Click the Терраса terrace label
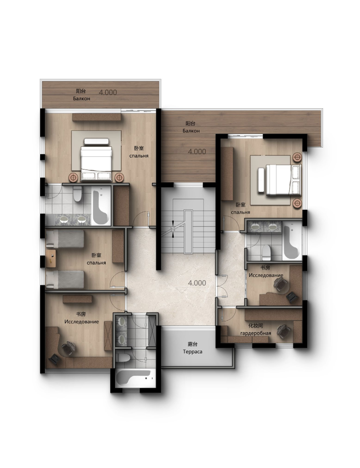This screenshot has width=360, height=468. point(193,351)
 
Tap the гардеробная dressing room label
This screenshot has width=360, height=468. point(255,333)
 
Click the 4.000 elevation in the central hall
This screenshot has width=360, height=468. point(197,282)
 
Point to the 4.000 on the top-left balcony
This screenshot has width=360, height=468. point(108,92)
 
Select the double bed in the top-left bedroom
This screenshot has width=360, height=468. point(96,159)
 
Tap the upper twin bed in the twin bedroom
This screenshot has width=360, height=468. point(65,239)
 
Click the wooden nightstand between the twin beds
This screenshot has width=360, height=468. point(51,258)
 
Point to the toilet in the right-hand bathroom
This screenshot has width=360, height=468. point(266,252)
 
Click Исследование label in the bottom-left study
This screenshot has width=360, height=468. point(81,321)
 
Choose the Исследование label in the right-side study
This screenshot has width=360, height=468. point(266,275)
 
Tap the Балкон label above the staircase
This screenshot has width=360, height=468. point(191,131)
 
